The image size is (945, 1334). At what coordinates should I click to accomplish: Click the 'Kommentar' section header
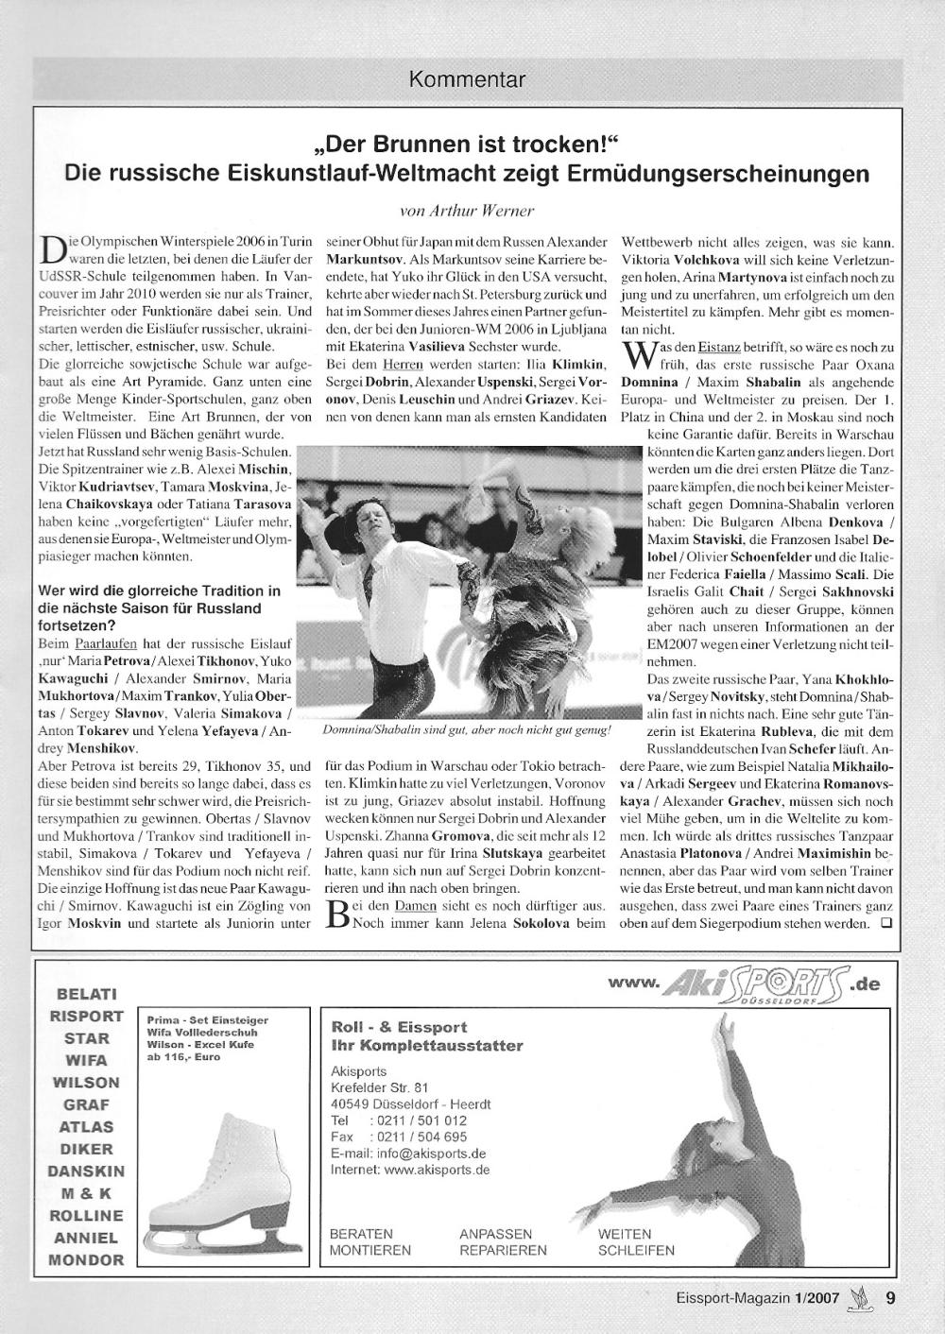(x=467, y=80)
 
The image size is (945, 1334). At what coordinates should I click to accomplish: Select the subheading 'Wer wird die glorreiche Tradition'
(x=159, y=590)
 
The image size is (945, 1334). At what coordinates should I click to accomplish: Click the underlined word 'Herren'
(x=402, y=364)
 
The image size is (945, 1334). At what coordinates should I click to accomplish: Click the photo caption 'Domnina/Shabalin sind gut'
(x=468, y=730)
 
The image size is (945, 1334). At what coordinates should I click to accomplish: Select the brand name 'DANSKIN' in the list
(x=86, y=1171)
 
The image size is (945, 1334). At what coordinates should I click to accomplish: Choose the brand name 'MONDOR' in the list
(x=86, y=1259)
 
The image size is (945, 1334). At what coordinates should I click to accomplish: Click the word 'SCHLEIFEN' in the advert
(x=636, y=1250)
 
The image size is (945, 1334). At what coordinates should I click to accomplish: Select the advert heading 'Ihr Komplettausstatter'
(x=426, y=1046)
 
